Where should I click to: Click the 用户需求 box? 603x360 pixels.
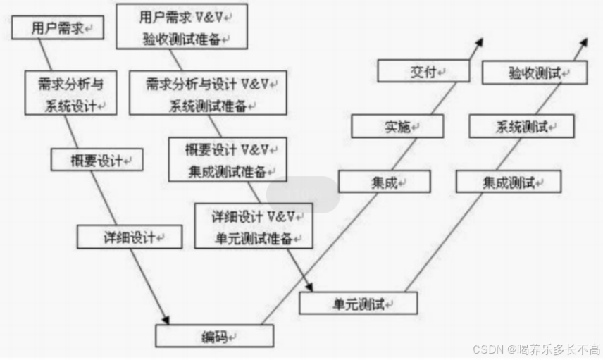click(x=58, y=29)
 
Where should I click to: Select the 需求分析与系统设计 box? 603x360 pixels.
click(x=71, y=94)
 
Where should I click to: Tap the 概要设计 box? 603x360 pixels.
click(x=97, y=160)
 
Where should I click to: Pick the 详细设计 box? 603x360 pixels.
click(x=130, y=237)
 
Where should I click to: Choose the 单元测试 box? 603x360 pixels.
click(x=358, y=304)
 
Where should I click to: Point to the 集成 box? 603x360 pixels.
click(x=384, y=182)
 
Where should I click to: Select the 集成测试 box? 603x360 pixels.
click(x=508, y=182)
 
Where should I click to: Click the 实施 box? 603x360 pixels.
click(x=397, y=127)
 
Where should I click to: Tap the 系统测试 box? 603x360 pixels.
click(x=522, y=127)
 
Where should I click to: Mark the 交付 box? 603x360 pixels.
click(x=423, y=71)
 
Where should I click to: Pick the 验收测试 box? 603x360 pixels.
click(x=534, y=72)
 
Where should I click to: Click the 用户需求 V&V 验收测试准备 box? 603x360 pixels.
click(x=182, y=26)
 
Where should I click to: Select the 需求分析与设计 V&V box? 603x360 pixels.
click(x=208, y=93)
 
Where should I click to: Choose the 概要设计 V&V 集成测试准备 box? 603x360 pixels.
click(x=228, y=159)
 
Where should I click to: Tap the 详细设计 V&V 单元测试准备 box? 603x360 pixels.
click(x=253, y=225)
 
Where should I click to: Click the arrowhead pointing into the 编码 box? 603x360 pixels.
click(x=166, y=321)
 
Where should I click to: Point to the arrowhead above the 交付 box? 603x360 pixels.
click(x=479, y=42)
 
